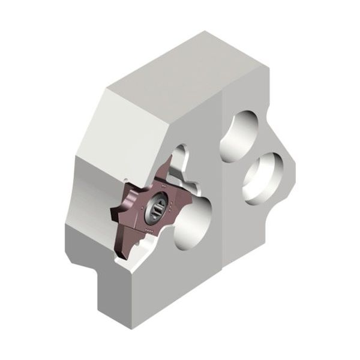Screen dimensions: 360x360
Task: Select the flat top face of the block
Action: click(x=180, y=66)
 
